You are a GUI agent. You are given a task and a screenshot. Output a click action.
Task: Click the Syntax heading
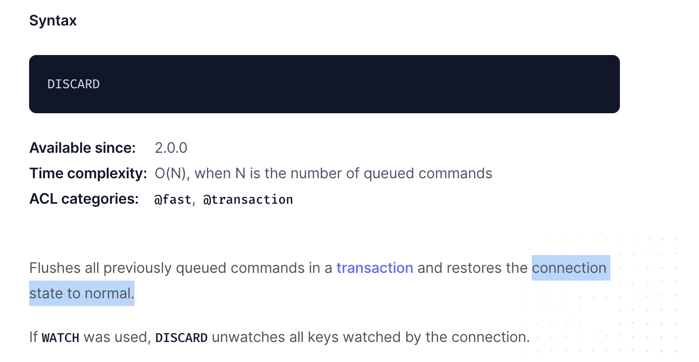click(53, 21)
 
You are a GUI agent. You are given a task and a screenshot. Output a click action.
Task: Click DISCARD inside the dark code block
click(74, 84)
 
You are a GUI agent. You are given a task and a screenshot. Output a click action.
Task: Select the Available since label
click(82, 148)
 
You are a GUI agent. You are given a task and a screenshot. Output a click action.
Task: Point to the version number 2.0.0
click(171, 148)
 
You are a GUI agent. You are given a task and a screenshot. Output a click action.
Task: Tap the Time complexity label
click(88, 173)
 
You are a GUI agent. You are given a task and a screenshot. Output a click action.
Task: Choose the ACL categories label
click(84, 199)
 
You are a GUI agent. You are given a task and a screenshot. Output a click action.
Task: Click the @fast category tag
click(173, 200)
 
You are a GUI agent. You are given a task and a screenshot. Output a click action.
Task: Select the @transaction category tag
click(248, 200)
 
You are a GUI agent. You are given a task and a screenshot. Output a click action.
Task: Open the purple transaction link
click(374, 268)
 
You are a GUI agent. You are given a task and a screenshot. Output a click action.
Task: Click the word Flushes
click(55, 268)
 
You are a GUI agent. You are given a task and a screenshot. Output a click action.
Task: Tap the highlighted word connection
click(569, 268)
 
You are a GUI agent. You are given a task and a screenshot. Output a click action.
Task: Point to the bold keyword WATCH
click(60, 337)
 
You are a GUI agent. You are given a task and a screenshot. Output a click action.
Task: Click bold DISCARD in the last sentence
click(181, 337)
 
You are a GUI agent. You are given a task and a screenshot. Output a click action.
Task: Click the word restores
click(474, 268)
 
